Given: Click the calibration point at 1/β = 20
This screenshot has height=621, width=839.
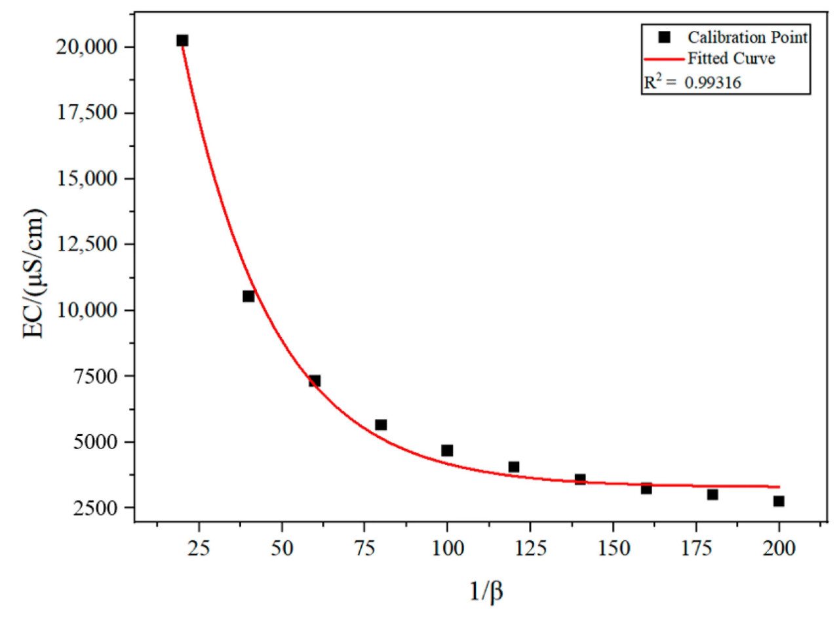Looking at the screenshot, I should click(182, 41).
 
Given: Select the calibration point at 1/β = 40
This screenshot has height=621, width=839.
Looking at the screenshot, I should click(248, 296).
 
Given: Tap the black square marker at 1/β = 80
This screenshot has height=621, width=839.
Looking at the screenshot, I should click(381, 425).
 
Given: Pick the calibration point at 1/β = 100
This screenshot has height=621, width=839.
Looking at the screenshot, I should click(447, 451).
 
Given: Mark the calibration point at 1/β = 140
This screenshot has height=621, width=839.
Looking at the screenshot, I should click(580, 479).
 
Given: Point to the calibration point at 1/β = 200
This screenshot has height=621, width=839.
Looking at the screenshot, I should click(779, 501).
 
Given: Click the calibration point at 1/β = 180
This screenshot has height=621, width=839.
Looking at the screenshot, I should click(712, 494).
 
